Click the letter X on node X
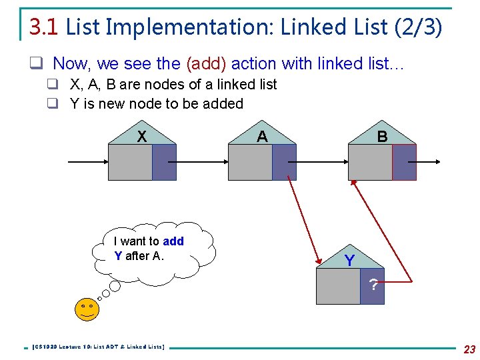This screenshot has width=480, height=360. pyautogui.click(x=141, y=137)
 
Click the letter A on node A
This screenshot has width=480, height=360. pyautogui.click(x=262, y=137)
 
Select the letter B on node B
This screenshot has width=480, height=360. pyautogui.click(x=382, y=137)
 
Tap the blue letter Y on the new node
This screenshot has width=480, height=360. pyautogui.click(x=349, y=261)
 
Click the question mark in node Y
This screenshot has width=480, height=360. pyautogui.click(x=373, y=286)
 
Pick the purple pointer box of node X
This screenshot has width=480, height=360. pyautogui.click(x=164, y=162)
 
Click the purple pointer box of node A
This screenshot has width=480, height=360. pyautogui.click(x=284, y=162)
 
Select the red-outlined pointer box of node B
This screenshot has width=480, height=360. pyautogui.click(x=404, y=162)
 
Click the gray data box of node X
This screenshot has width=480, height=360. pyautogui.click(x=130, y=162)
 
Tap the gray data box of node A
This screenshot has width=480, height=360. pyautogui.click(x=250, y=162)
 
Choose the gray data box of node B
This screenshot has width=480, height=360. pyautogui.click(x=370, y=162)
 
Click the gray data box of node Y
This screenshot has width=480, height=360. pyautogui.click(x=338, y=287)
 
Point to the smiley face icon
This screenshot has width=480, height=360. pyautogui.click(x=86, y=309)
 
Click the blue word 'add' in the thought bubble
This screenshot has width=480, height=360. pyautogui.click(x=173, y=241)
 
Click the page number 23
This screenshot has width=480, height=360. pyautogui.click(x=469, y=349)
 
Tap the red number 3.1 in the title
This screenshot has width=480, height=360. pyautogui.click(x=45, y=27)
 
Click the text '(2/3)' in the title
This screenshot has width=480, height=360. pyautogui.click(x=417, y=27)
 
